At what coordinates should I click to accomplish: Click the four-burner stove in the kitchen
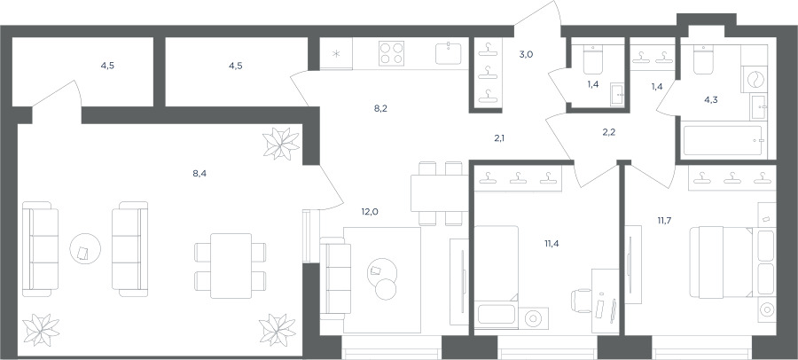pyautogui.click(x=391, y=53)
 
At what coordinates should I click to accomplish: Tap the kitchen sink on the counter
pyautogui.click(x=449, y=53)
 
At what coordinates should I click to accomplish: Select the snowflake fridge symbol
pyautogui.click(x=336, y=54)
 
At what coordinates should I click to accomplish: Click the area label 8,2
pyautogui.click(x=380, y=108)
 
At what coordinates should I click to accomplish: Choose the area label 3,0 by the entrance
pyautogui.click(x=526, y=54)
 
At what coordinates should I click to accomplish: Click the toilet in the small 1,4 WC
pyautogui.click(x=593, y=60)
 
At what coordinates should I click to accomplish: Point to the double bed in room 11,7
pyautogui.click(x=721, y=262)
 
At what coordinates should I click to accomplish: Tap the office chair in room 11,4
pyautogui.click(x=582, y=301)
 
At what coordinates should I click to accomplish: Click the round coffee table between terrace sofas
pyautogui.click(x=85, y=248)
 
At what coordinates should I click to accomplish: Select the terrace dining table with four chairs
pyautogui.click(x=231, y=265)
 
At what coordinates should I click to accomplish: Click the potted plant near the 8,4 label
pyautogui.click(x=281, y=144)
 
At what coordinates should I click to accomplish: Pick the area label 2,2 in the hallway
pyautogui.click(x=607, y=133)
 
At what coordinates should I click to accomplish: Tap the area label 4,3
pyautogui.click(x=711, y=100)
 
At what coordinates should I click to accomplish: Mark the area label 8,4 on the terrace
pyautogui.click(x=199, y=173)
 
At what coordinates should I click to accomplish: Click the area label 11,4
pyautogui.click(x=552, y=243)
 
